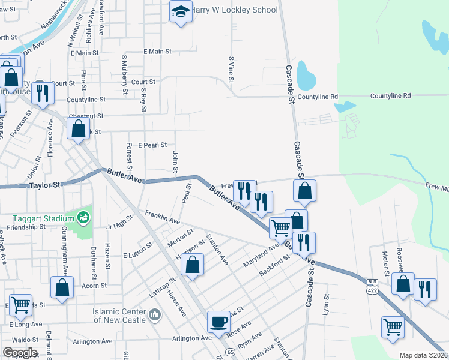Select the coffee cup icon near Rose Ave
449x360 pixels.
(x=218, y=322)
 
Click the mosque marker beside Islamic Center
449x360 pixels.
(x=155, y=314)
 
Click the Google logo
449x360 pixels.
(x=20, y=353)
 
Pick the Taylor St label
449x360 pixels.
(x=45, y=186)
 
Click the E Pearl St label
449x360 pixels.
(x=152, y=145)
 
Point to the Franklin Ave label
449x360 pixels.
(x=162, y=217)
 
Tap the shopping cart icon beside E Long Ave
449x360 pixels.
(x=20, y=304)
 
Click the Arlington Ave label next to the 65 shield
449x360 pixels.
(x=192, y=338)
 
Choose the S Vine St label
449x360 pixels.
(x=231, y=69)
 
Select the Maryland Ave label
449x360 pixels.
(x=261, y=254)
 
